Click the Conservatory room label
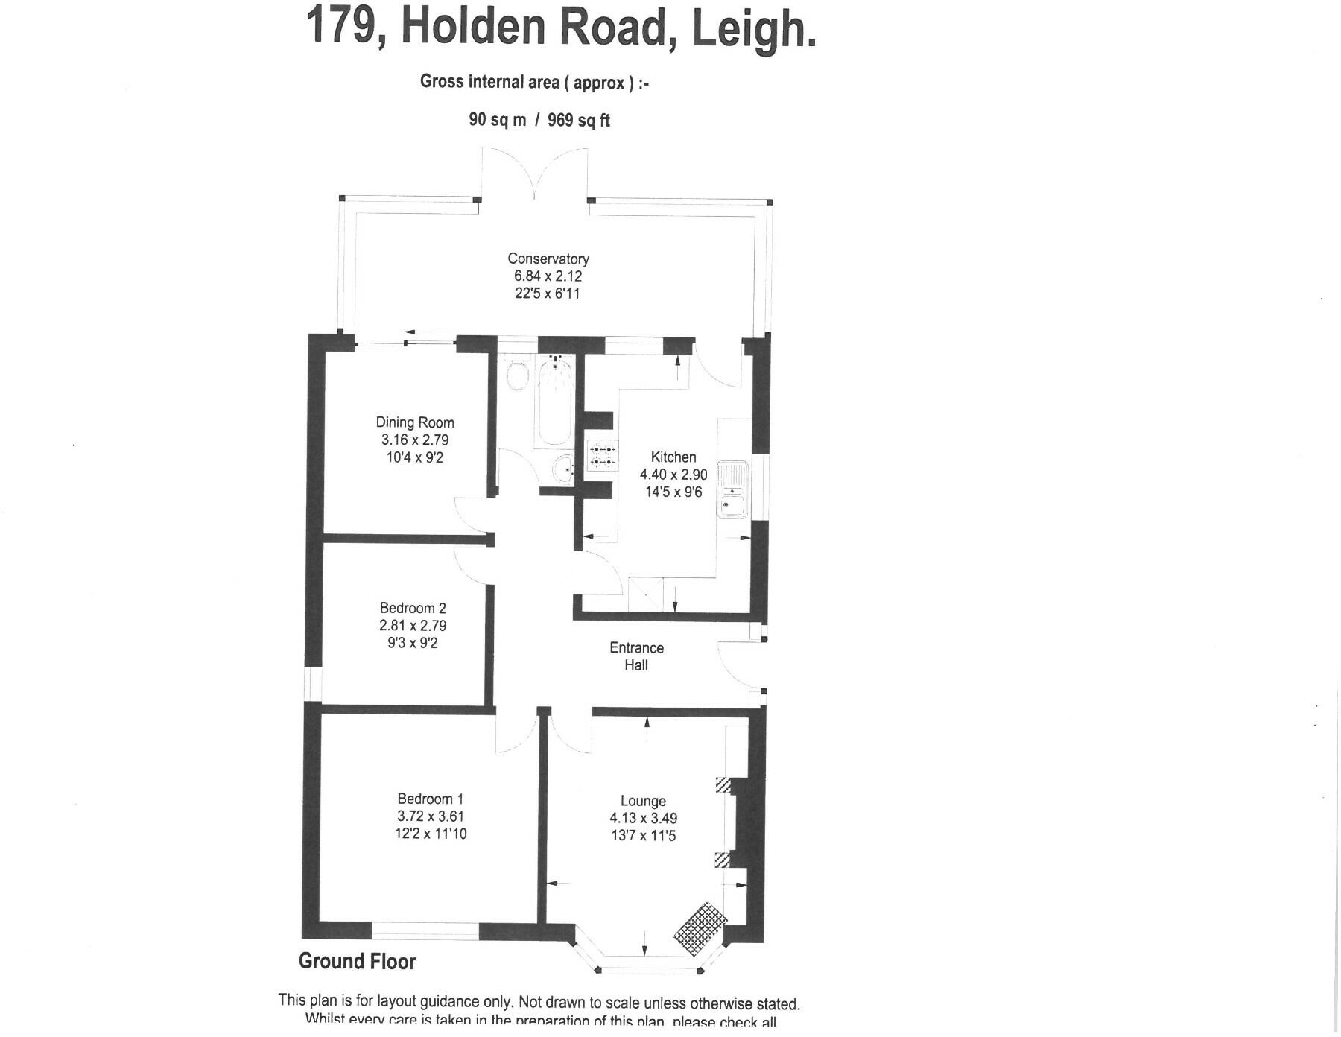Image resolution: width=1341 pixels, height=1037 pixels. [548, 259]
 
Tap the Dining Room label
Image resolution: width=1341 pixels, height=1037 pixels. [415, 423]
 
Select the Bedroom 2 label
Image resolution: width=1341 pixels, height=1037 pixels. [413, 609]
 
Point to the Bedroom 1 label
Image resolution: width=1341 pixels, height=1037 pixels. [431, 799]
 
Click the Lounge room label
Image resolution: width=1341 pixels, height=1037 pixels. [643, 802]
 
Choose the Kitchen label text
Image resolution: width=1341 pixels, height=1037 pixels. [673, 457]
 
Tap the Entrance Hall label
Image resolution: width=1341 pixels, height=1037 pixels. [636, 656]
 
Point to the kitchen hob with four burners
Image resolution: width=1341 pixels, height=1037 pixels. [603, 457]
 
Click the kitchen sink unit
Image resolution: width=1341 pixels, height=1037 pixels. [732, 489]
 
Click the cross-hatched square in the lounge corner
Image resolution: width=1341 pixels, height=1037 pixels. [700, 928]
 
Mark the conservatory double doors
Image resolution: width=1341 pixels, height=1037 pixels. [534, 173]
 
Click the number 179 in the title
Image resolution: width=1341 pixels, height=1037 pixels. [340, 26]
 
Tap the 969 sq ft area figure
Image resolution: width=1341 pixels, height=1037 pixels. [579, 120]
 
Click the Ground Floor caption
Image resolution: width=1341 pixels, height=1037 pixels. [357, 962]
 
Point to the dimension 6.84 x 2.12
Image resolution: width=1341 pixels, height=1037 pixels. [548, 276]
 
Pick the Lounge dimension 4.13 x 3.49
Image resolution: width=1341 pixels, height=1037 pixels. [643, 819]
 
